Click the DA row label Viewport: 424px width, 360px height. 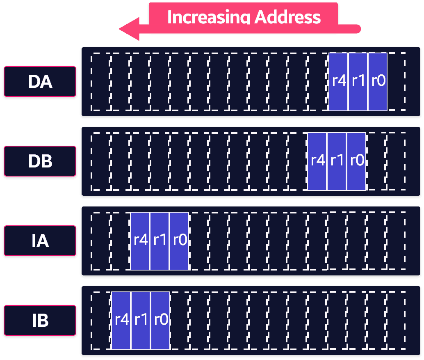coord(40,81)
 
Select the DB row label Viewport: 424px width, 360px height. coord(40,161)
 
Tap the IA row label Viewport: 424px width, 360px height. coord(40,241)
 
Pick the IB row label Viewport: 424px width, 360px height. coord(40,320)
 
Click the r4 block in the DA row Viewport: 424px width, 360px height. coord(338,82)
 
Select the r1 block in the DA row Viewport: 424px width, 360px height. coord(358,82)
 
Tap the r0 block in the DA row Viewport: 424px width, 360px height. coord(378,82)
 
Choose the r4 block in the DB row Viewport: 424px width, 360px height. coord(317,161)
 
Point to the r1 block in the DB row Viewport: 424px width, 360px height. coord(337,161)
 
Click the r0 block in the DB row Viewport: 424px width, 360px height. coord(356,161)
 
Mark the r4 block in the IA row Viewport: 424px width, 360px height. coord(140,241)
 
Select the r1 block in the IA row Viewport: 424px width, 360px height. coord(160,241)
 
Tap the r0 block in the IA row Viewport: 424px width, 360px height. coord(179,241)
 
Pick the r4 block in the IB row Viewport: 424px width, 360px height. coord(121,321)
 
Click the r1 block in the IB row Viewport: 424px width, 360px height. coord(141,321)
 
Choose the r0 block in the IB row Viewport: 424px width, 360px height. coord(160,321)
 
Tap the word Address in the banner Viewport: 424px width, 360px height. coord(288,17)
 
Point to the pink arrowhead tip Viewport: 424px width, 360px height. coord(119,29)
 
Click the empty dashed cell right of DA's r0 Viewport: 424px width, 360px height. coord(397,82)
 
